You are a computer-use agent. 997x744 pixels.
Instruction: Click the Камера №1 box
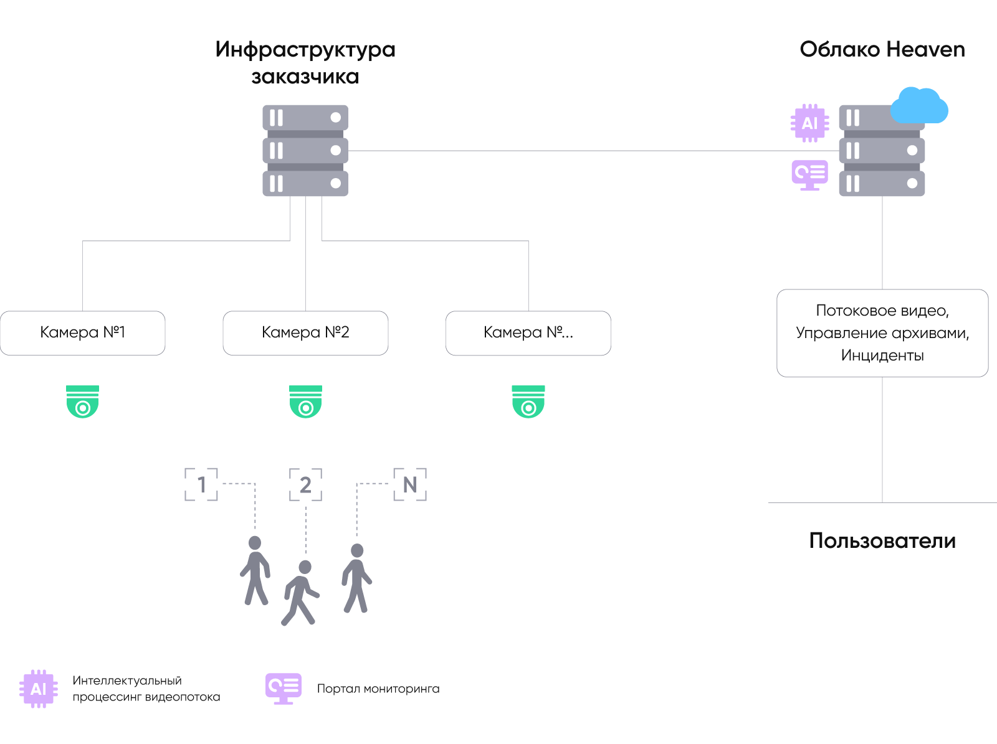(x=83, y=333)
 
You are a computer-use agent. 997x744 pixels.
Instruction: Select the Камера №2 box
(x=305, y=333)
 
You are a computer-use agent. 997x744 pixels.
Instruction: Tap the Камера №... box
(x=528, y=333)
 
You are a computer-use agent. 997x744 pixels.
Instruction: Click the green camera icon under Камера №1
(x=83, y=402)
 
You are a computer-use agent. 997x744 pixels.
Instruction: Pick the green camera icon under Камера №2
(x=305, y=402)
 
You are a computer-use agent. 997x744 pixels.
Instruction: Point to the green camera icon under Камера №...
(x=528, y=402)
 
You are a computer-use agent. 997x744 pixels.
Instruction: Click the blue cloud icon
(x=919, y=106)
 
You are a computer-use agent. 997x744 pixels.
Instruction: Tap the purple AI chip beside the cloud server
(x=809, y=123)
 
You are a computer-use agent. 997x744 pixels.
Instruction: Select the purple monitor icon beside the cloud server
(x=809, y=175)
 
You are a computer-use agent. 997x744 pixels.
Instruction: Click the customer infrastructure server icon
(x=305, y=151)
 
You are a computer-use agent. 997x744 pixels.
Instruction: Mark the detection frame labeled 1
(x=201, y=484)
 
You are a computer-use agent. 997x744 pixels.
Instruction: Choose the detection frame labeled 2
(x=305, y=484)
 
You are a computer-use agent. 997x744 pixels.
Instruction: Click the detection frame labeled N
(x=410, y=484)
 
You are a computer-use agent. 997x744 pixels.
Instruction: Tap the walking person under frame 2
(x=301, y=592)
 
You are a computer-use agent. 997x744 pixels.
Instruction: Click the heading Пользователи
(x=882, y=540)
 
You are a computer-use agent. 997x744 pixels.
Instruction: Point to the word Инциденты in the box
(x=882, y=356)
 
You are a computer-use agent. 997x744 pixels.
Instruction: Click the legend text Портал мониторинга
(x=378, y=689)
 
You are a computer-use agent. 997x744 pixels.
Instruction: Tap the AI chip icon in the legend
(x=39, y=689)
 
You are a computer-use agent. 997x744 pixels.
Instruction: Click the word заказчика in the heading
(x=305, y=77)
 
